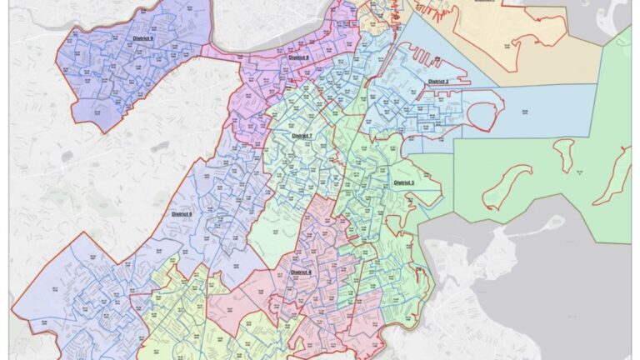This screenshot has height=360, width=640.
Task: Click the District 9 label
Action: pyautogui.click(x=142, y=39)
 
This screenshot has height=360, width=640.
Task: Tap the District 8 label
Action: pyautogui.click(x=297, y=57)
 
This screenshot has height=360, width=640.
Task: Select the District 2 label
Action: pyautogui.click(x=438, y=82)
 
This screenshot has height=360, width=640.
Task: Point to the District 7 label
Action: pyautogui.click(x=301, y=135)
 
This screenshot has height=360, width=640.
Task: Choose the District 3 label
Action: pyautogui.click(x=403, y=182)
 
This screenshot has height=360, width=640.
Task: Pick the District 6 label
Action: pyautogui.click(x=182, y=214)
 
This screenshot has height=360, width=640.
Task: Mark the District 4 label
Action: pyautogui.click(x=301, y=272)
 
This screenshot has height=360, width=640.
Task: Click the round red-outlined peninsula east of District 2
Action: pyautogui.click(x=482, y=117)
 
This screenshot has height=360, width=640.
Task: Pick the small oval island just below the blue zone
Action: pyautogui.click(x=564, y=153)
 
